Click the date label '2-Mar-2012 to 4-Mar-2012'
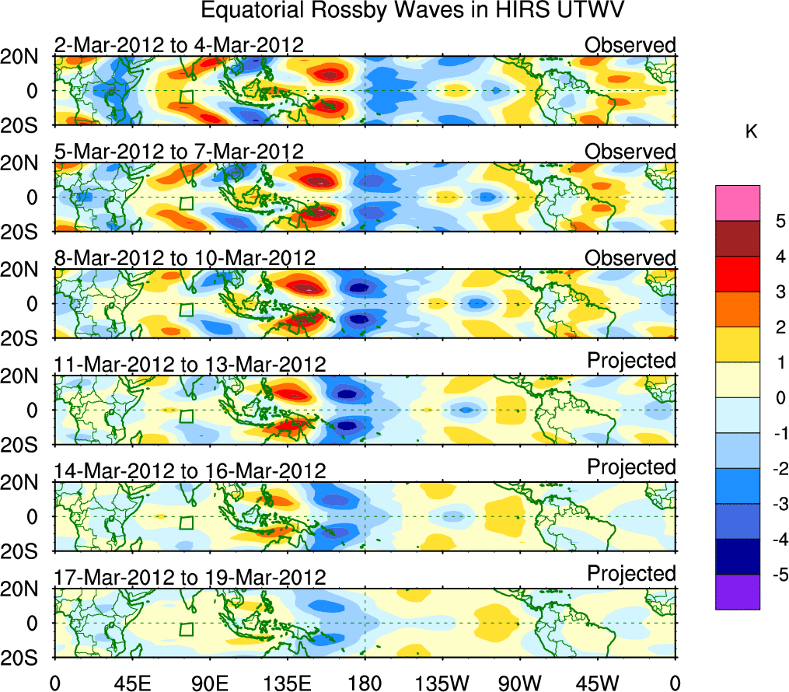(179, 45)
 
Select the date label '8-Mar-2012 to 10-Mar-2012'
(185, 258)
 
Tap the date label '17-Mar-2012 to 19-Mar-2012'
(190, 578)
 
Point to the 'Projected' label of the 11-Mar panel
(631, 361)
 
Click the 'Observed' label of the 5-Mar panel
(630, 152)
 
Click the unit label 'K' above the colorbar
(751, 132)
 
